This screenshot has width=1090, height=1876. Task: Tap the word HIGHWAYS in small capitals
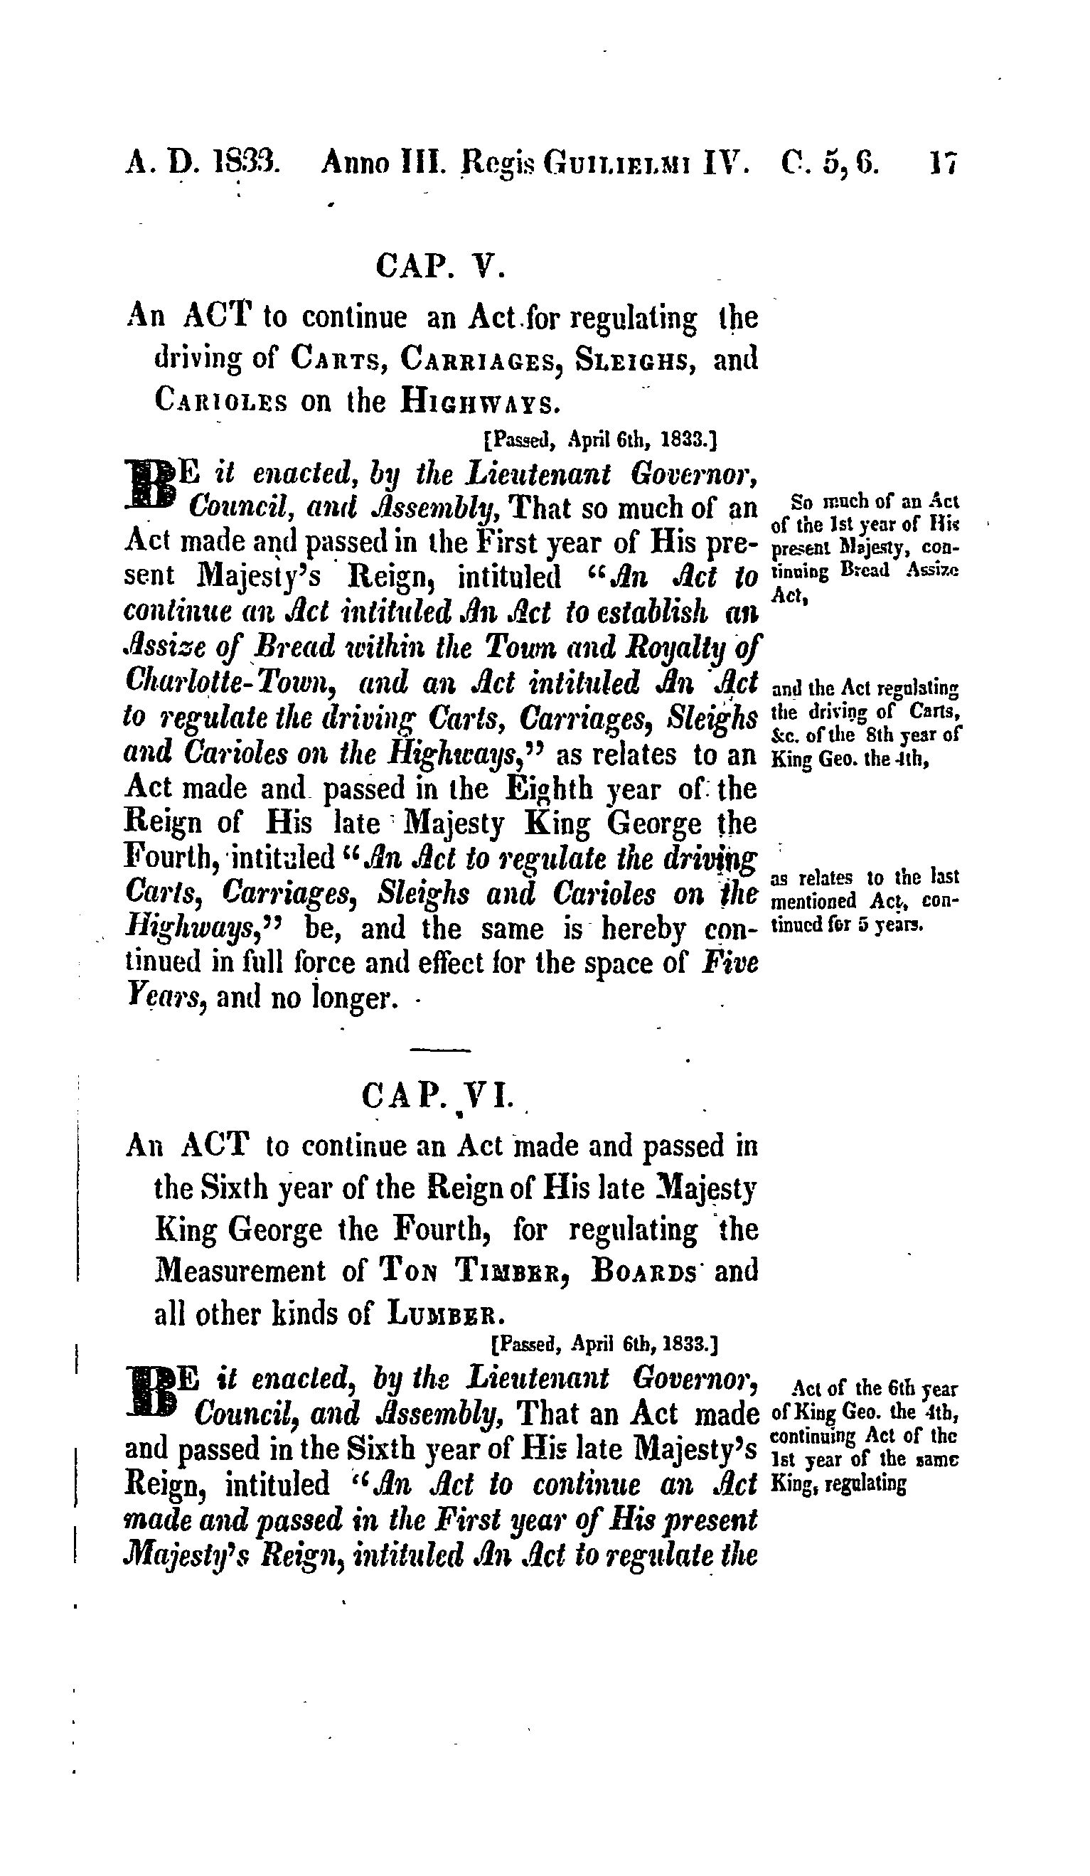click(x=477, y=402)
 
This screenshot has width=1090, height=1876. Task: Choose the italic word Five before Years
click(x=730, y=964)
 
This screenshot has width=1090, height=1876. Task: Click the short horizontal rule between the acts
click(x=440, y=1050)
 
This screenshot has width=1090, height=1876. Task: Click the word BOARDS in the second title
click(x=646, y=1272)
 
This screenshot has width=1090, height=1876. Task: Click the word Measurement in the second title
click(x=240, y=1271)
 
